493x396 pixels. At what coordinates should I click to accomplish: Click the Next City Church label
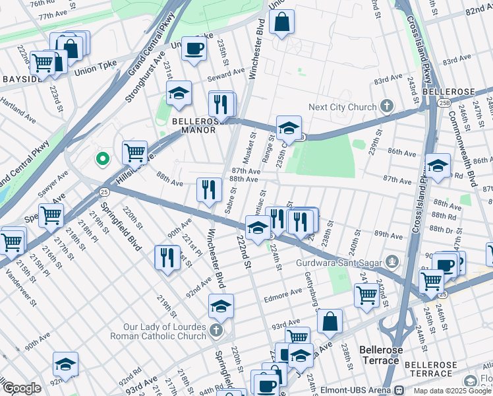344,106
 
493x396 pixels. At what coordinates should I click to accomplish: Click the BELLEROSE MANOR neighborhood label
194,125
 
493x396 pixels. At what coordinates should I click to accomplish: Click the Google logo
22,388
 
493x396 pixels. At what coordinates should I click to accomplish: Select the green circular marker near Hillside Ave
102,158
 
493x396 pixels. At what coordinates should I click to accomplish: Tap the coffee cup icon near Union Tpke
194,49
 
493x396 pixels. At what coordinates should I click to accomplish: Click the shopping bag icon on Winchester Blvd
281,22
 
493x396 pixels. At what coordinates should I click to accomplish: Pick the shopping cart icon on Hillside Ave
134,152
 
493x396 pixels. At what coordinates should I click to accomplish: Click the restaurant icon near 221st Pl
167,257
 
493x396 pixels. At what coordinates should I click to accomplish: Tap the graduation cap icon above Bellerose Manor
178,94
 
